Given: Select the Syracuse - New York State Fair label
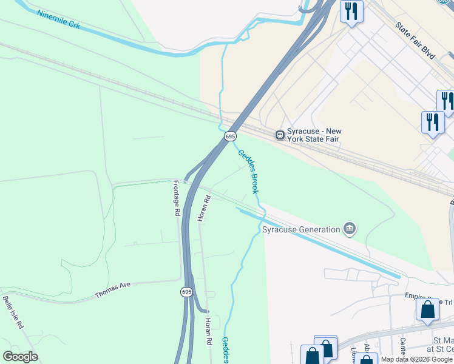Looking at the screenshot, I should pyautogui.click(x=314, y=136).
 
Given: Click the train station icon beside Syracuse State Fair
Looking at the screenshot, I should pyautogui.click(x=280, y=135).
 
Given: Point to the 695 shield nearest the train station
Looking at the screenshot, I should pyautogui.click(x=230, y=136).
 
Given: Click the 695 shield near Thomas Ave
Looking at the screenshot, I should pyautogui.click(x=186, y=292).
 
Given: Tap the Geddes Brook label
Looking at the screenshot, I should pyautogui.click(x=248, y=172).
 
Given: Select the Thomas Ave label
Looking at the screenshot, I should pyautogui.click(x=113, y=291).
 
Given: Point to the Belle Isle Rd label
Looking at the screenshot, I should pyautogui.click(x=13, y=312).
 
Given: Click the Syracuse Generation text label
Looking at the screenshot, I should pyautogui.click(x=301, y=229).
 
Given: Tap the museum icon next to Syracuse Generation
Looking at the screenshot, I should pyautogui.click(x=349, y=229).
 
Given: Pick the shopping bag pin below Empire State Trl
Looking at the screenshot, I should pyautogui.click(x=428, y=311).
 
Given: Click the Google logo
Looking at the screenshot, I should pyautogui.click(x=20, y=356).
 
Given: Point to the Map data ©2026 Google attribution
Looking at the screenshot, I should pyautogui.click(x=416, y=359).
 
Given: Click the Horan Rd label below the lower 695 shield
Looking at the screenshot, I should pyautogui.click(x=208, y=331).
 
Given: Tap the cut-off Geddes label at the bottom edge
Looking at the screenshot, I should pyautogui.click(x=225, y=350).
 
